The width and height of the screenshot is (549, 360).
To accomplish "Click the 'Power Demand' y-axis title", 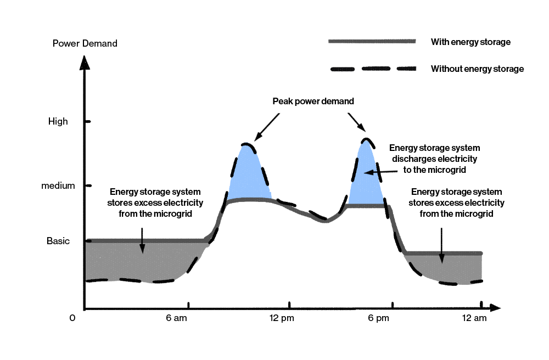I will point(85,43).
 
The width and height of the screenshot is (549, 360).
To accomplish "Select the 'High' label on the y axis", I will point(58,121).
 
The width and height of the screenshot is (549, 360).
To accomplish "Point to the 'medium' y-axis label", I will point(58,185).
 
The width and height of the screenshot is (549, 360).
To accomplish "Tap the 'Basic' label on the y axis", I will point(58,241).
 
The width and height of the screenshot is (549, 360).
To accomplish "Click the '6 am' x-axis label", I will point(176,318).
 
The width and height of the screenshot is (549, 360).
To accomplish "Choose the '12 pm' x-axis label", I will point(281,318).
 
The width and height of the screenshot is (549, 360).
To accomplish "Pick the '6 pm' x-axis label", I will point(378,318).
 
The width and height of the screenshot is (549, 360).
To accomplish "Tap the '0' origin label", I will point(72,318).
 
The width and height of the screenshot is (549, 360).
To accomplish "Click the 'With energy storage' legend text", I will point(470,42).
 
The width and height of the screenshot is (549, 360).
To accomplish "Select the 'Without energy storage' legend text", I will point(477,69).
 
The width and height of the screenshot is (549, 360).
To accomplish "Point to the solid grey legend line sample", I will point(372,41).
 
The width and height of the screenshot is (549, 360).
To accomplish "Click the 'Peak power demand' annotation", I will point(313,102).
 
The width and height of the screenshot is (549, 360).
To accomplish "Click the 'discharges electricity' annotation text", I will point(434,159).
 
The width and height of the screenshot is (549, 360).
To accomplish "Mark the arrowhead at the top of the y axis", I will point(84,61).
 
